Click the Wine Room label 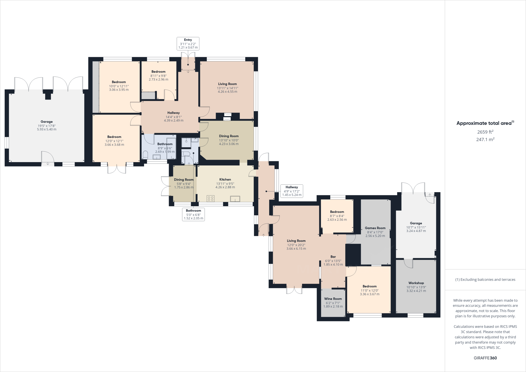[x=333, y=299]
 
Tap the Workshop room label [x=416, y=283]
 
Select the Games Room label [x=375, y=228]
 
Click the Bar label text [x=333, y=257]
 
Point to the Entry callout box [x=188, y=44]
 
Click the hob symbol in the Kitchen [x=211, y=198]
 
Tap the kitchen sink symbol [x=235, y=199]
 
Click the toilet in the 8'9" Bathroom [x=145, y=155]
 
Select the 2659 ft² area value [x=485, y=132]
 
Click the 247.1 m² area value [x=485, y=139]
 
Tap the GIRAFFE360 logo [x=485, y=358]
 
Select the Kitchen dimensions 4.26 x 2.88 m [x=225, y=187]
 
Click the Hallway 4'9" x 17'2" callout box [x=292, y=191]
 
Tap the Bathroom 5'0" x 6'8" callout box [x=193, y=215]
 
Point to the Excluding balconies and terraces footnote [x=485, y=280]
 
